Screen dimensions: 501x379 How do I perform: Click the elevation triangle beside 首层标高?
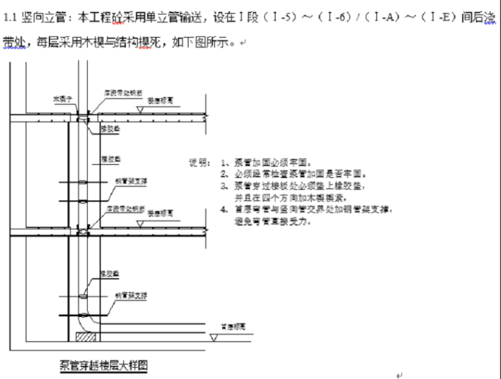[x=214, y=337]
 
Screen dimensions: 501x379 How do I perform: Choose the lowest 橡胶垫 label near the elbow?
[x=108, y=272]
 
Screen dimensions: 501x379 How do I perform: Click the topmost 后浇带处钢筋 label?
[x=119, y=94]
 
